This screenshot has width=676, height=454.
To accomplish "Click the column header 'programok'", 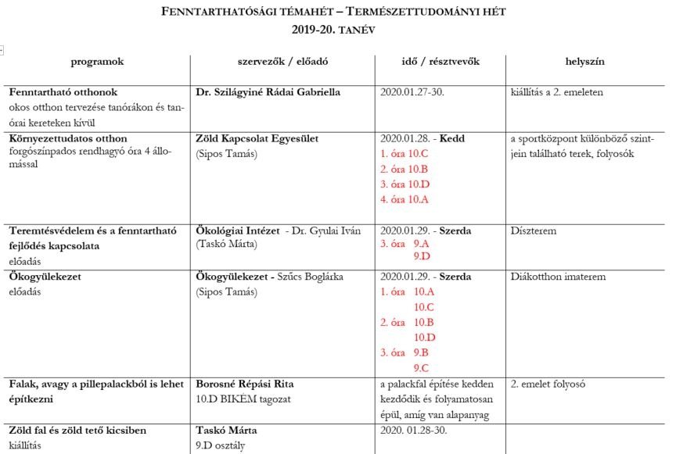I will tap(97, 61).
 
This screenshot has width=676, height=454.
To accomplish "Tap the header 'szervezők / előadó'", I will tap(282, 61).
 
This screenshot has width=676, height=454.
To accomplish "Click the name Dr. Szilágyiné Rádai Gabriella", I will tap(268, 92).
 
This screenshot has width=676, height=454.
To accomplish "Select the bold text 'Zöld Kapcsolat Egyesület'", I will tap(257, 138).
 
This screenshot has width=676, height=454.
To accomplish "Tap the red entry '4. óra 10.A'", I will tap(405, 199).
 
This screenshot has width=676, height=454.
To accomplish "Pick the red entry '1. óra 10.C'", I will tap(405, 153).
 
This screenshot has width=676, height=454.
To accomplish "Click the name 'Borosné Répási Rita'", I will tap(244, 384).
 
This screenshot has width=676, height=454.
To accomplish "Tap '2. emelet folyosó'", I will tap(548, 384).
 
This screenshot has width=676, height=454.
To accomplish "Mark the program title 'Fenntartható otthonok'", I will tap(63, 92).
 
